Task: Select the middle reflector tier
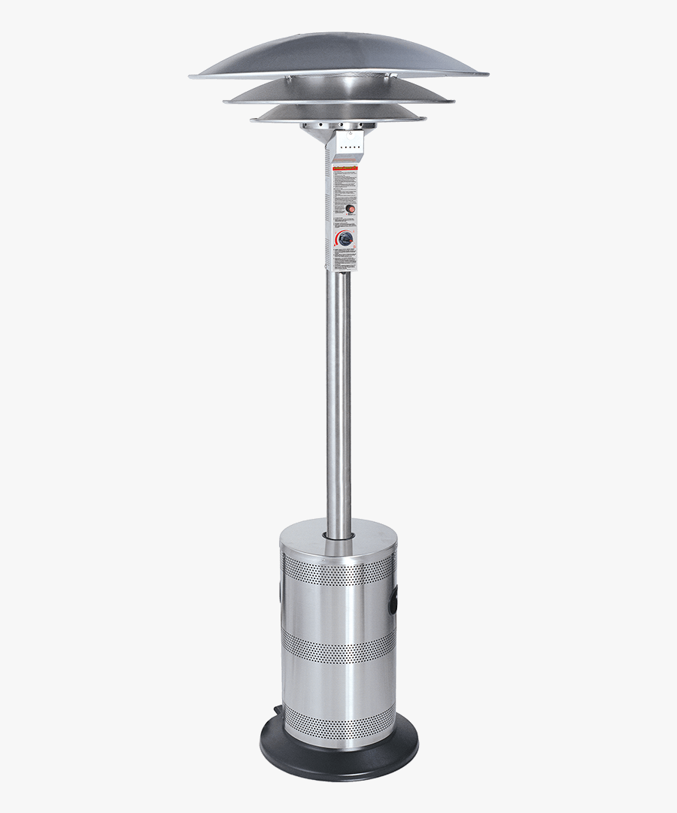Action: click(x=338, y=92)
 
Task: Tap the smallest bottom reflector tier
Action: click(x=338, y=113)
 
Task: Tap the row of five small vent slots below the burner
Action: click(x=348, y=147)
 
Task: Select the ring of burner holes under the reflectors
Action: click(x=338, y=126)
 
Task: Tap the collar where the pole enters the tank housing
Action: click(x=338, y=535)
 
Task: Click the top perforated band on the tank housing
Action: click(x=338, y=573)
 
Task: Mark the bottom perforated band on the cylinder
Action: click(x=338, y=724)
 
